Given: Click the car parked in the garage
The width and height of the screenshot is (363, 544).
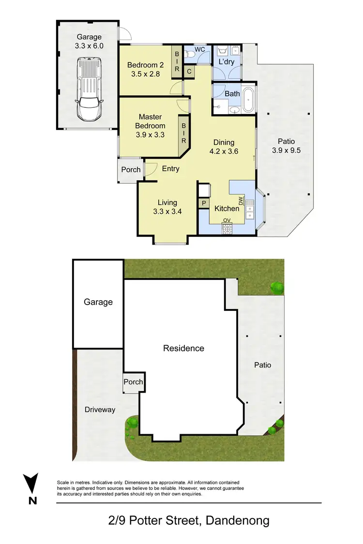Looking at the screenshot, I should point(88,89).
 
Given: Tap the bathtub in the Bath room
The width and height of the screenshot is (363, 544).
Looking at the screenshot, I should point(248,100).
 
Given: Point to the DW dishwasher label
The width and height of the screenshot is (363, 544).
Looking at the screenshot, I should point(240,200).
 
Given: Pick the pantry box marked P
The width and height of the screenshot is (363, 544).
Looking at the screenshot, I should point(204,204).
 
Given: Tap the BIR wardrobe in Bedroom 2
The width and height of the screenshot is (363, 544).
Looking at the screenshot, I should point(177,61).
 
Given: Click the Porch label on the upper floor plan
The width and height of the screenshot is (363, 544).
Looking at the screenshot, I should point(131,170).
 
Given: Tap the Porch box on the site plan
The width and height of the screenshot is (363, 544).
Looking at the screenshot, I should point(133,382).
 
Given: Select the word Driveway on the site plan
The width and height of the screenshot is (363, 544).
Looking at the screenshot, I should point(100,410).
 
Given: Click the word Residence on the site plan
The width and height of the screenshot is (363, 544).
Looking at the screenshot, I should point(183,348).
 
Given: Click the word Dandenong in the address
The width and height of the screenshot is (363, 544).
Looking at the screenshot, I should point(237,521).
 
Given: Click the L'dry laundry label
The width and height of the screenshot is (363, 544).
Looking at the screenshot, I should point(227,62).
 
